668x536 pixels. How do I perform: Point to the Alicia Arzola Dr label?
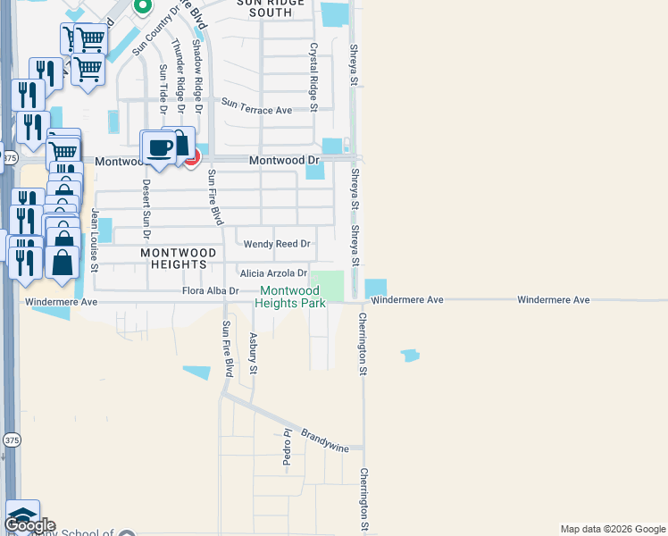coord(273,272)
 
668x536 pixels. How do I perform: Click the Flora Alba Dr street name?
coord(211,291)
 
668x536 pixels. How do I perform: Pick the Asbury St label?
coord(254,353)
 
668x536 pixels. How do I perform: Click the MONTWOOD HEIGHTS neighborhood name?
coord(179,258)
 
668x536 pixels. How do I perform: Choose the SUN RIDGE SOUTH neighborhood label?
coord(265,8)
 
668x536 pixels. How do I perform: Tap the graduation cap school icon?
coord(22,515)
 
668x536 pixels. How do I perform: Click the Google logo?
coord(29,525)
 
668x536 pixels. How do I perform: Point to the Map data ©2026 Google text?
coord(613,529)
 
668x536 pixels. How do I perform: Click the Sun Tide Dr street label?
coord(163,90)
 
